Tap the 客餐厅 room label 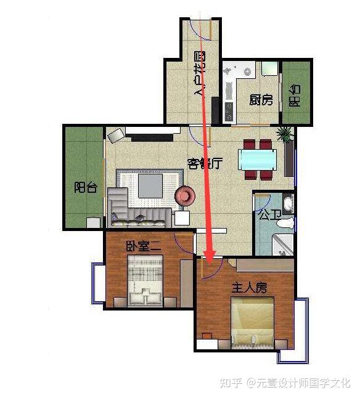pyautogui.click(x=205, y=164)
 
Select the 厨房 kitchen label pyautogui.click(x=261, y=100)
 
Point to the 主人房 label pyautogui.click(x=249, y=288)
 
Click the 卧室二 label pyautogui.click(x=144, y=246)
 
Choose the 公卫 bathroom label pyautogui.click(x=270, y=215)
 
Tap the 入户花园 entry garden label pyautogui.click(x=200, y=73)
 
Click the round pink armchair pyautogui.click(x=185, y=195)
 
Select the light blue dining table pyautogui.click(x=257, y=160)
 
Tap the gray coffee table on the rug pyautogui.click(x=150, y=186)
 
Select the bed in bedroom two pyautogui.click(x=145, y=280)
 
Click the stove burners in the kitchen pyautogui.click(x=229, y=112)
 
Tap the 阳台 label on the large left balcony pyautogui.click(x=86, y=187)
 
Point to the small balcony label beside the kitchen pyautogui.click(x=295, y=95)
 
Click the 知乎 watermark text pyautogui.click(x=231, y=383)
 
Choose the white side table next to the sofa pyautogui.click(x=182, y=218)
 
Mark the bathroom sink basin pyautogui.click(x=288, y=203)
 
